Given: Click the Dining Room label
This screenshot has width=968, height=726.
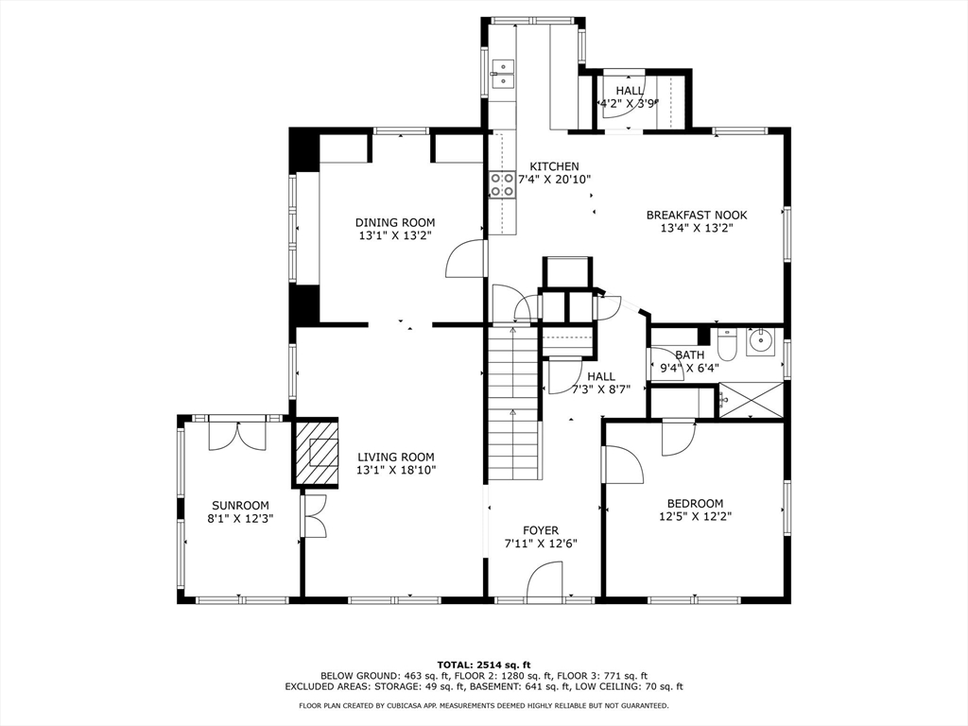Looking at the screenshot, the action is [395, 222].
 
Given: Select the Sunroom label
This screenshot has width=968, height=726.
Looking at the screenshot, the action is [241, 506].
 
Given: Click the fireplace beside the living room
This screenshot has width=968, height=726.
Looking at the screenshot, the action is [316, 453].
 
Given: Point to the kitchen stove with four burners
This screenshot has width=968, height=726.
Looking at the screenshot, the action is [503, 184].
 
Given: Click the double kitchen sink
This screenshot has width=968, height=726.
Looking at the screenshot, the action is [503, 73].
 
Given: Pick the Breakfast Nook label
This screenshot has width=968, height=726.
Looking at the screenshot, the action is [697, 215].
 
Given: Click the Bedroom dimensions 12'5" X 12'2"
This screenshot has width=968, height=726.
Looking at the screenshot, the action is [695, 517].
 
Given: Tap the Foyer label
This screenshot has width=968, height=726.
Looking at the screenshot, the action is [541, 530].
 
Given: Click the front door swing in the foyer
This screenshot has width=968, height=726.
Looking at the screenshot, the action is [544, 579].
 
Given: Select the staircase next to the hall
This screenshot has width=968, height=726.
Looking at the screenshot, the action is [513, 404].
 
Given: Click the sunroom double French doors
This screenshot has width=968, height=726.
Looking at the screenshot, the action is [237, 435].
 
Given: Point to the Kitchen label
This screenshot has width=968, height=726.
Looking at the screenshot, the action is [554, 166].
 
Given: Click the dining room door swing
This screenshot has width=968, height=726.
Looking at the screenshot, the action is [463, 259].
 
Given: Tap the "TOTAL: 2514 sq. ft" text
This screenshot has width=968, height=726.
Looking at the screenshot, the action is [484, 665].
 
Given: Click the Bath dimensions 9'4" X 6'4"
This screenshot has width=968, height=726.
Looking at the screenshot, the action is [689, 369].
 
